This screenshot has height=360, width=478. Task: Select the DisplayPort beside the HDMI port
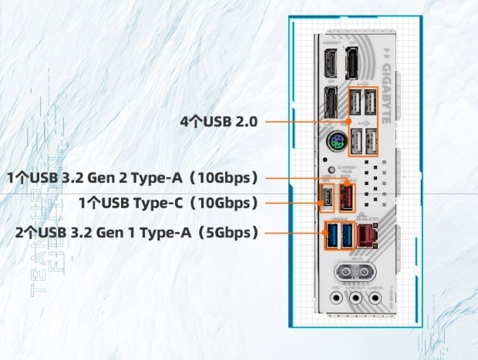tap(352, 62)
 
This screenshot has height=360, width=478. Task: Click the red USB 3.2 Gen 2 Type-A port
tap(346, 197)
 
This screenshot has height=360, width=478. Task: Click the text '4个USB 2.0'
tap(220, 121)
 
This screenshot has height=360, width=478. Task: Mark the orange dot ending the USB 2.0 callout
tap(348, 121)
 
